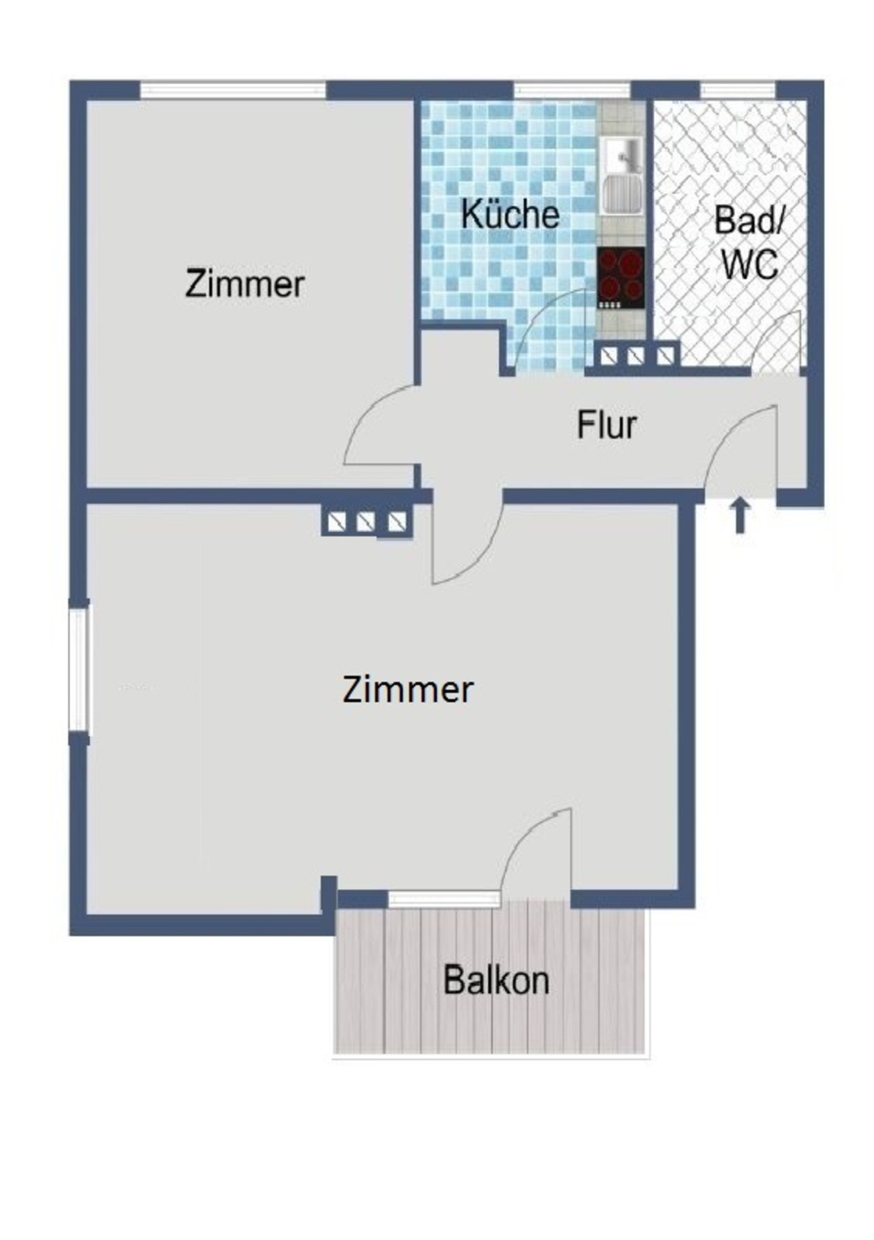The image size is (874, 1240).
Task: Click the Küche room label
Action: pyautogui.click(x=510, y=215)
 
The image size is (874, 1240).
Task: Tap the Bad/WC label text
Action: pyautogui.click(x=749, y=242)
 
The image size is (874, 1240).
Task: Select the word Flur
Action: pyautogui.click(x=607, y=426)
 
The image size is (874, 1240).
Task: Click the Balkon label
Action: pyautogui.click(x=496, y=980)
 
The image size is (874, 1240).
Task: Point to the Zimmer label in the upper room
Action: pyautogui.click(x=245, y=285)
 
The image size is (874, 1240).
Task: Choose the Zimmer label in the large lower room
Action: pyautogui.click(x=407, y=690)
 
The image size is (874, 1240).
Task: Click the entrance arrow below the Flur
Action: pyautogui.click(x=740, y=516)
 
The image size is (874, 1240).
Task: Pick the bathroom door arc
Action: pyautogui.click(x=776, y=341)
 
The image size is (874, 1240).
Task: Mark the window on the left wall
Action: pyautogui.click(x=79, y=668)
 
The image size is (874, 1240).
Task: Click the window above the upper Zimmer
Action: pyautogui.click(x=232, y=89)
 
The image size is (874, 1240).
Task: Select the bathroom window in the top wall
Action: pyautogui.click(x=738, y=89)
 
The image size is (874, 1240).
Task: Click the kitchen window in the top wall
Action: pyautogui.click(x=572, y=89)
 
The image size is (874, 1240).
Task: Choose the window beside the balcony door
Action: pyautogui.click(x=444, y=898)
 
